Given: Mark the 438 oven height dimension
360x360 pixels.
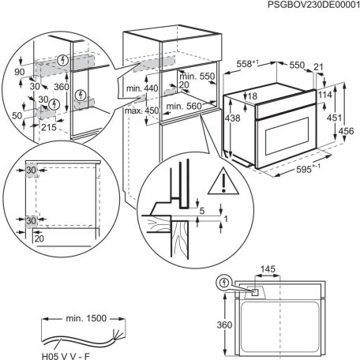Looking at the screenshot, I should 231,117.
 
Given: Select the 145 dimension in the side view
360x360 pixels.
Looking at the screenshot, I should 268,270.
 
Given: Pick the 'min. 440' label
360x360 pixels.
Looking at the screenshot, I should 142,90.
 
